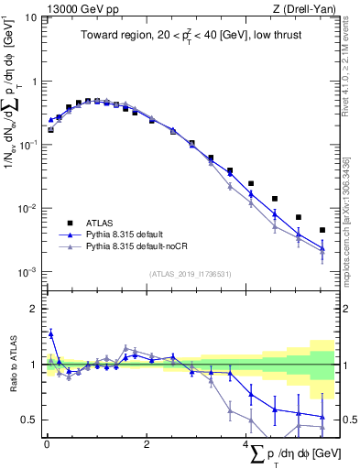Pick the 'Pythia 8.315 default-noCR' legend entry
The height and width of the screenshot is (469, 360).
click(142, 247)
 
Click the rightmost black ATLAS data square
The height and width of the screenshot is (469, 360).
click(322, 230)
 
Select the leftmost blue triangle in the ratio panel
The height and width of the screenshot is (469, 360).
click(51, 333)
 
